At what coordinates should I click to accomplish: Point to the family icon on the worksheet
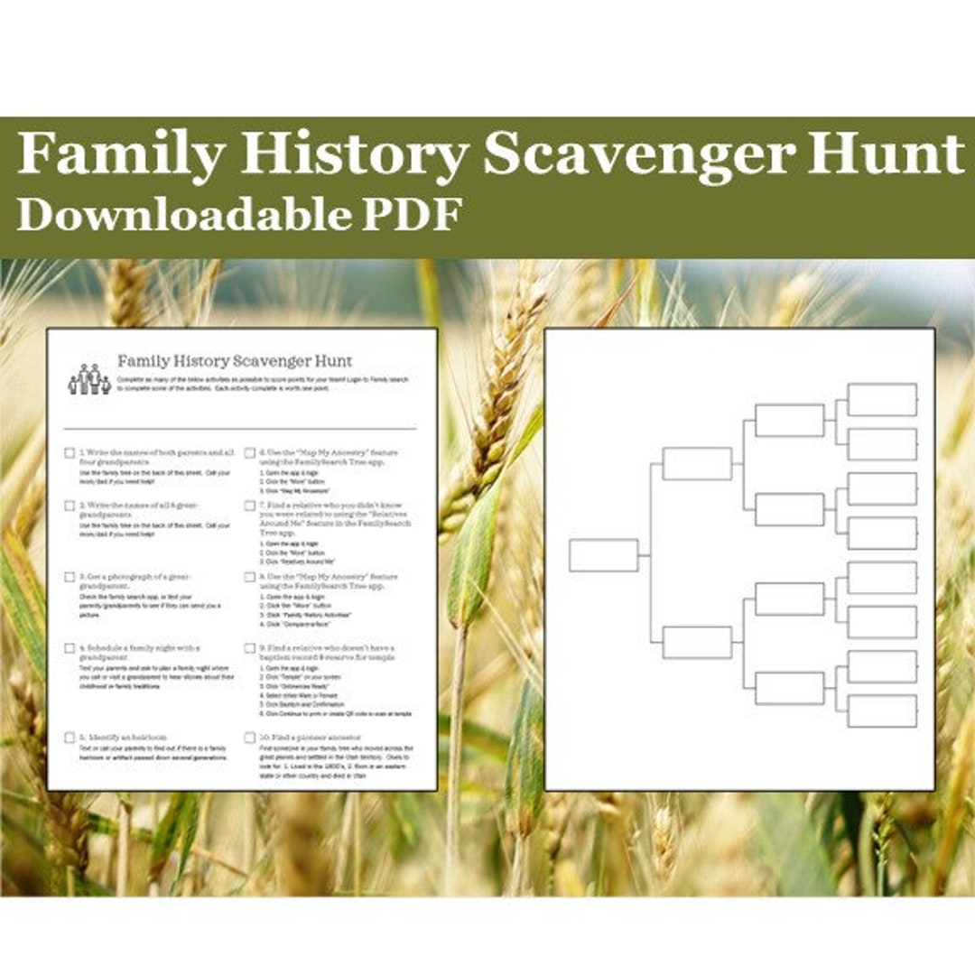[x=89, y=379]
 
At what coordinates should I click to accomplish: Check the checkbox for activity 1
[x=70, y=453]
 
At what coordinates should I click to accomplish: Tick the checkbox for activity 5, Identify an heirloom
[x=70, y=738]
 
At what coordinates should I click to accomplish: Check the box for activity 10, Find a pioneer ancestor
[x=249, y=738]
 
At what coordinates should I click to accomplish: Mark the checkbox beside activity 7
[x=249, y=506]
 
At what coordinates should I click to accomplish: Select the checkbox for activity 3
[x=70, y=577]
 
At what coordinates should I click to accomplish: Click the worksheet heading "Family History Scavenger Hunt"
[x=235, y=361]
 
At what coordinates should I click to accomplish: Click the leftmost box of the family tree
[x=603, y=555]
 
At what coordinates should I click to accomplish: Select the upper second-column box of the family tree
[x=697, y=464]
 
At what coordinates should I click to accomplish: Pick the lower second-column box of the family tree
[x=697, y=643]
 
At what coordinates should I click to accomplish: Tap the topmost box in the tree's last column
[x=882, y=400]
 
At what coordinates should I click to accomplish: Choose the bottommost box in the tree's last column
[x=882, y=710]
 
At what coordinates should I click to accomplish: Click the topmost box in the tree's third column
[x=789, y=421]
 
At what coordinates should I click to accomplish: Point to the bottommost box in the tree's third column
[x=789, y=688]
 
